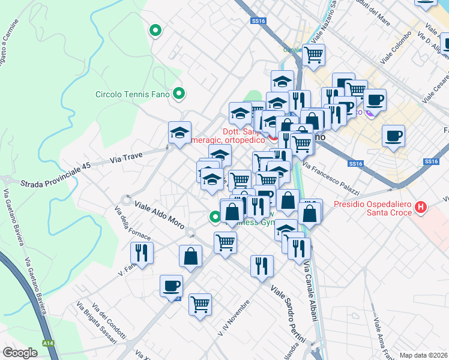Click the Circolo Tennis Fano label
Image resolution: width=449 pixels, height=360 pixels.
pyautogui.click(x=133, y=94)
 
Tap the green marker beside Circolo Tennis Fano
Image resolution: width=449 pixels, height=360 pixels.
pyautogui.click(x=178, y=93)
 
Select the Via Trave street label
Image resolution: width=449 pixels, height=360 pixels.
pyautogui.click(x=126, y=160)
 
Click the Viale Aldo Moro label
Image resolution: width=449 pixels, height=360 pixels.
pyautogui.click(x=159, y=211)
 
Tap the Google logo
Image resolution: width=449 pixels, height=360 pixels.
pyautogui.click(x=20, y=352)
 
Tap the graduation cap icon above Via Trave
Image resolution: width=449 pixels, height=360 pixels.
pyautogui.click(x=179, y=134)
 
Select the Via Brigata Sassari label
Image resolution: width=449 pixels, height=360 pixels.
pyautogui.click(x=96, y=323)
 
